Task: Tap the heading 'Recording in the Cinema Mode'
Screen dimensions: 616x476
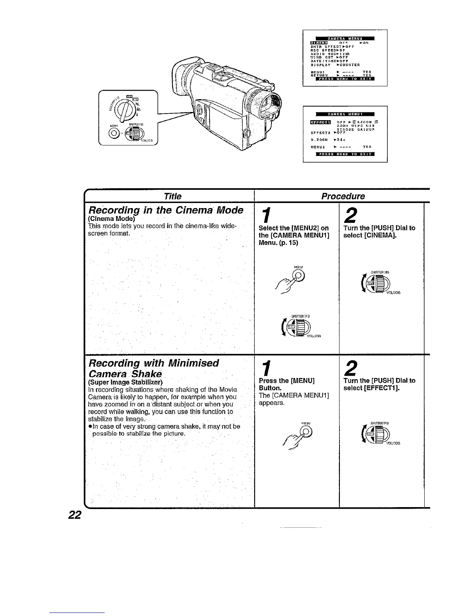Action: tap(165, 210)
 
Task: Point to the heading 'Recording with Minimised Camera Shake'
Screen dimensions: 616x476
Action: tap(154, 368)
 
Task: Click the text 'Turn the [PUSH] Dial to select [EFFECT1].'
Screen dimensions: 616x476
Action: tap(379, 384)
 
